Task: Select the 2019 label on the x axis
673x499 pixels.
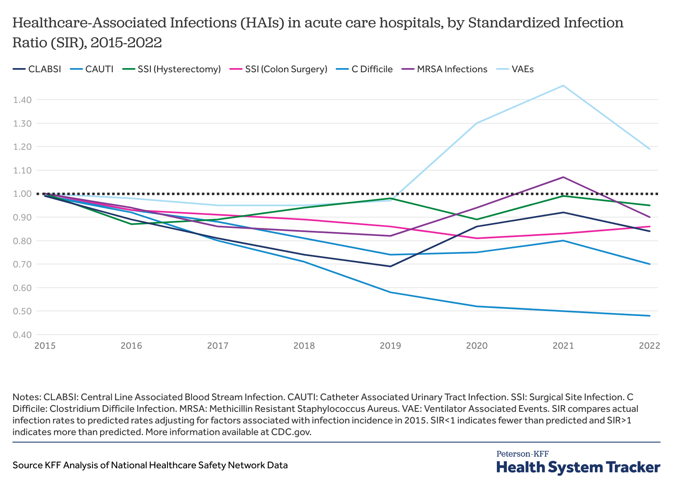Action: point(391,346)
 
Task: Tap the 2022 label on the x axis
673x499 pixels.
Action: point(649,346)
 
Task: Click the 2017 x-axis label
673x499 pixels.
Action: point(218,346)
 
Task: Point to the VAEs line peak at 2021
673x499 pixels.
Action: point(563,86)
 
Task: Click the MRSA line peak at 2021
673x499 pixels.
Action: point(563,177)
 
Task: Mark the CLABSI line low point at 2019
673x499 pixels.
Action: point(391,267)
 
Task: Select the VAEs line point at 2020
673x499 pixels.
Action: point(477,123)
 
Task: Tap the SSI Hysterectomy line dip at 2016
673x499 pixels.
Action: point(131,224)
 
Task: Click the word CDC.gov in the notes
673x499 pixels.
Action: point(291,432)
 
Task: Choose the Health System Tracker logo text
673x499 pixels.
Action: point(578,467)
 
